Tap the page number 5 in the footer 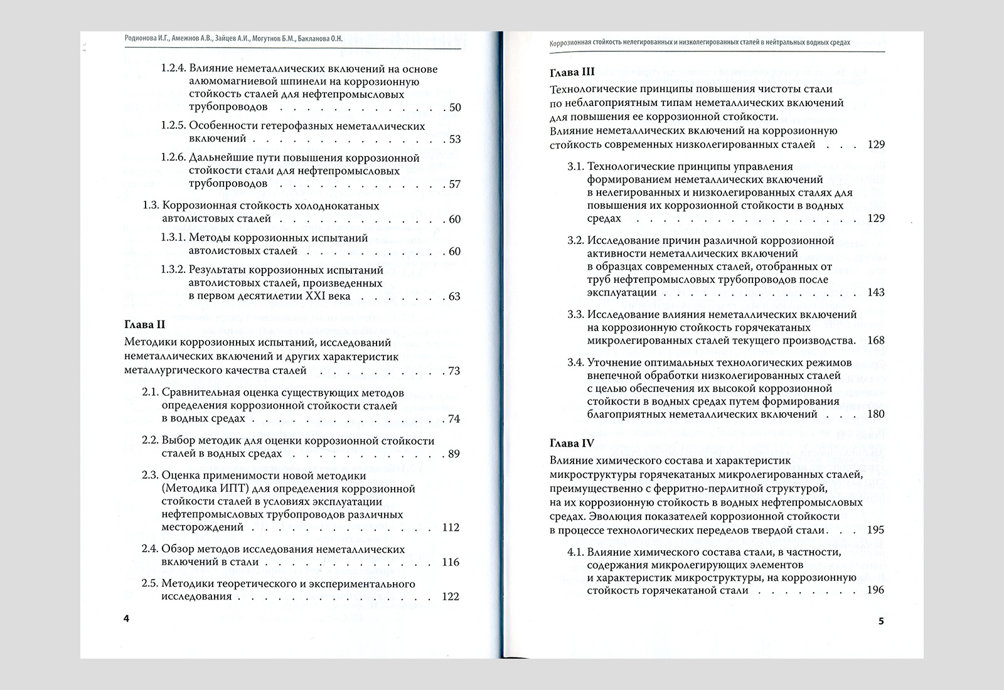880,622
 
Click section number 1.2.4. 173,69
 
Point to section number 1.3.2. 173,270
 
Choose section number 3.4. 575,363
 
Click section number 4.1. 575,552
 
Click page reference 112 451,527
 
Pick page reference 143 875,292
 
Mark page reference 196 875,590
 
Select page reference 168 875,341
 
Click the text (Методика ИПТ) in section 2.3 200,488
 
